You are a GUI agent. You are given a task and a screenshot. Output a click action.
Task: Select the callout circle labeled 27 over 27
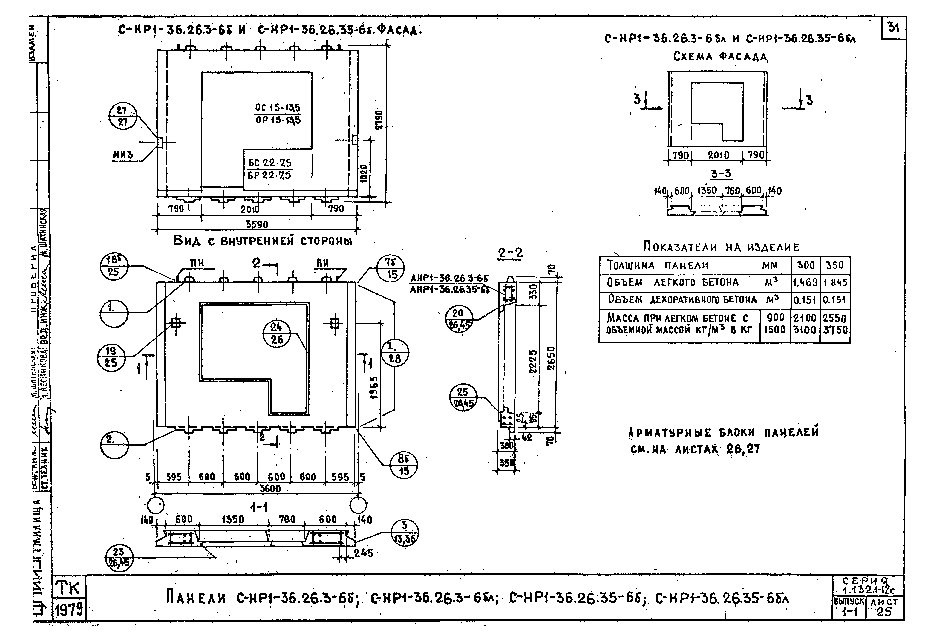point(123,116)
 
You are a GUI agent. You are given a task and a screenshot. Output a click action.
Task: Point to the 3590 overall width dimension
point(257,224)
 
